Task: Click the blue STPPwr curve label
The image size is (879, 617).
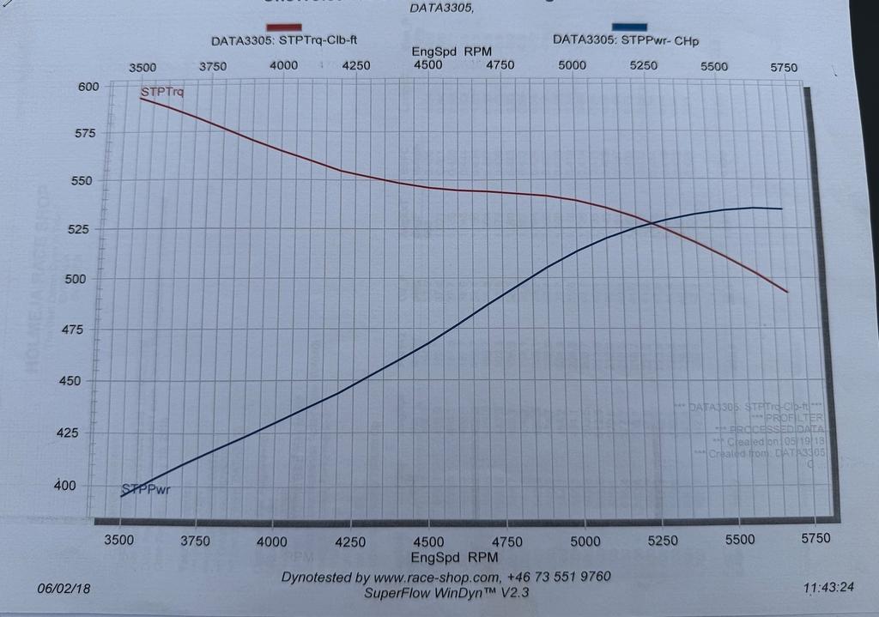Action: [x=149, y=491]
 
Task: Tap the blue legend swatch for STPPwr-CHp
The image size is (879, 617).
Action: [x=629, y=27]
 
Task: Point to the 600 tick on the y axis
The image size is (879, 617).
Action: [x=90, y=86]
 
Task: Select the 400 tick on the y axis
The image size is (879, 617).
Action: [x=89, y=486]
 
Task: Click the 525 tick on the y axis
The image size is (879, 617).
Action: [x=89, y=229]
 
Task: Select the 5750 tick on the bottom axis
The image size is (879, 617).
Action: [x=815, y=538]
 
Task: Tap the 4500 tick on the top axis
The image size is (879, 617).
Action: [x=427, y=65]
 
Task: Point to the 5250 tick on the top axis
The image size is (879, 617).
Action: [x=644, y=66]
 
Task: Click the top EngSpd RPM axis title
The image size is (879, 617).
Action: [x=452, y=51]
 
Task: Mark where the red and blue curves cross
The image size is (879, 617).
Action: [x=650, y=224]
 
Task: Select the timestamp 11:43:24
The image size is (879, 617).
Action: [x=829, y=590]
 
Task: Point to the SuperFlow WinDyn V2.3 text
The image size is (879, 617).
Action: [x=446, y=593]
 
